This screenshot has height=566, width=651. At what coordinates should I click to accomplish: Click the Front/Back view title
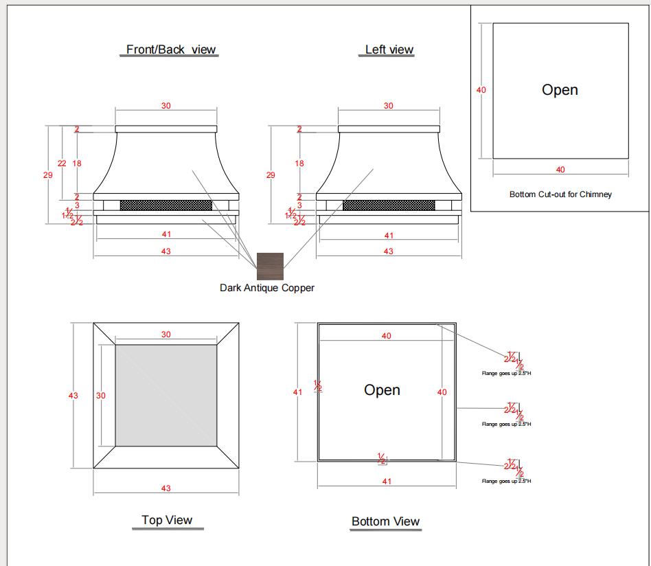171,49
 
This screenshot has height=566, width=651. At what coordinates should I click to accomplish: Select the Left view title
389,49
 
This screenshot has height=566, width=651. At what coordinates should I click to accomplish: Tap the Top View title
167,520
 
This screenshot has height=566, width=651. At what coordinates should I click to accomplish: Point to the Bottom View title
385,521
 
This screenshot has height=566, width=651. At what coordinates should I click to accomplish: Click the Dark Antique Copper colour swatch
270,267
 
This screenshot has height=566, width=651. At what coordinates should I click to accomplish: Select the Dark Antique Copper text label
267,288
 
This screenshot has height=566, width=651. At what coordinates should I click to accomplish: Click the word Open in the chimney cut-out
560,90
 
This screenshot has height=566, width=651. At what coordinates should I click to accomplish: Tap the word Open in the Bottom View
382,390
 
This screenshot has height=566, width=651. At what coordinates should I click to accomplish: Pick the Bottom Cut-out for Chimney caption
560,194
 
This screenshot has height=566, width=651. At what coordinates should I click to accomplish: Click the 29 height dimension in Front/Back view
48,175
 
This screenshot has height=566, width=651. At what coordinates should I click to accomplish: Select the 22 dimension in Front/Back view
62,163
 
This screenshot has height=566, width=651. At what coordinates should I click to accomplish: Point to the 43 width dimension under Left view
389,251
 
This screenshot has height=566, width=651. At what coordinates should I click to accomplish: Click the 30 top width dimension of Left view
389,106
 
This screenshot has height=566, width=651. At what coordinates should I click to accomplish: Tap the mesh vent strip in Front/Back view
166,205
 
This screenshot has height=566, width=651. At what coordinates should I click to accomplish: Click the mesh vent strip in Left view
389,205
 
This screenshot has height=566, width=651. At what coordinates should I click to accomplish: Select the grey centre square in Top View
166,396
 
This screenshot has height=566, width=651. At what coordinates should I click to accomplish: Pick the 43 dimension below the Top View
165,488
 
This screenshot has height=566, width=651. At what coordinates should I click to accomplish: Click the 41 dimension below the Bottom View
387,482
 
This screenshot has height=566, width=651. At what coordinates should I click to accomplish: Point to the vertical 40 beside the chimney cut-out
481,90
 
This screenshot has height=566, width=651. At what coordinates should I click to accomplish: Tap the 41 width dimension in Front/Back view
166,234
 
